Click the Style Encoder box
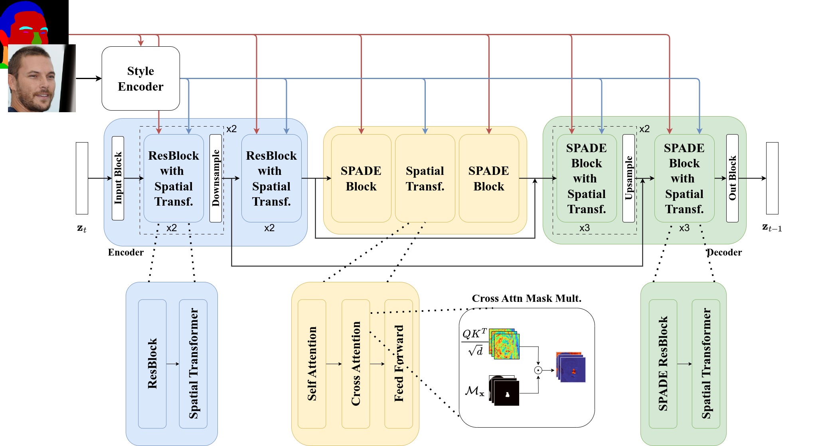point(140,79)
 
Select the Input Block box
point(118,178)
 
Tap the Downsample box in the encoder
point(215,178)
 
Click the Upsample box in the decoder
point(628,178)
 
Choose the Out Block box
point(732,178)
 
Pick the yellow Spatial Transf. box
point(425,178)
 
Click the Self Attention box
point(312,364)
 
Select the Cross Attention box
point(356,364)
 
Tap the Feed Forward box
point(399,364)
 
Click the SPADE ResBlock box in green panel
point(663,364)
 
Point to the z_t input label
point(81,228)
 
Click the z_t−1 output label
point(772,228)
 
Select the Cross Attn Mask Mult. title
point(526,298)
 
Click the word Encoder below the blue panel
point(126,252)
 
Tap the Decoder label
point(724,252)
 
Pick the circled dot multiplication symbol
point(538,370)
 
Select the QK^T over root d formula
point(474,342)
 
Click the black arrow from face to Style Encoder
point(89,78)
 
